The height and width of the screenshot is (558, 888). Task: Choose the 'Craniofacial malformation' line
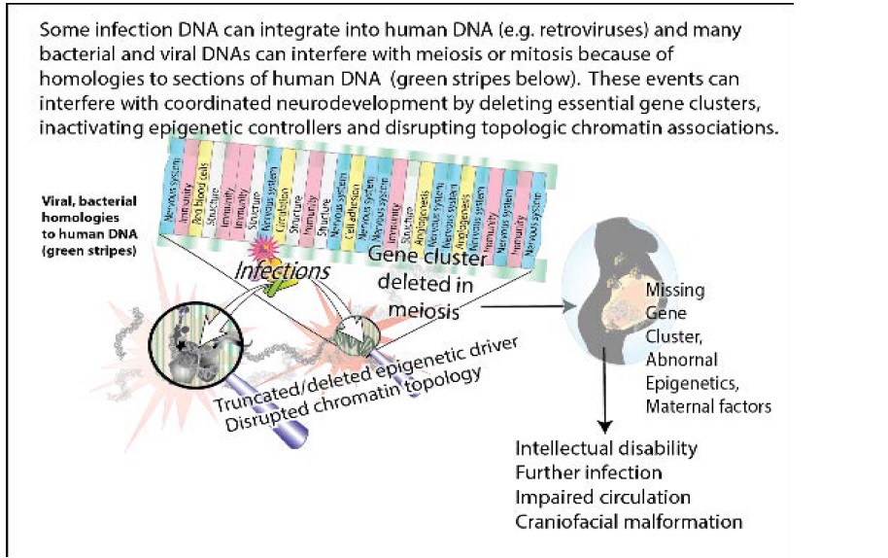(x=629, y=522)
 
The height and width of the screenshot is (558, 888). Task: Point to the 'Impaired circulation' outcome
(x=603, y=498)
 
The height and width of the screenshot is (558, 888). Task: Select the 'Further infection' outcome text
(x=589, y=473)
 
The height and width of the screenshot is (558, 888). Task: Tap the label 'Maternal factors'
(x=708, y=406)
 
